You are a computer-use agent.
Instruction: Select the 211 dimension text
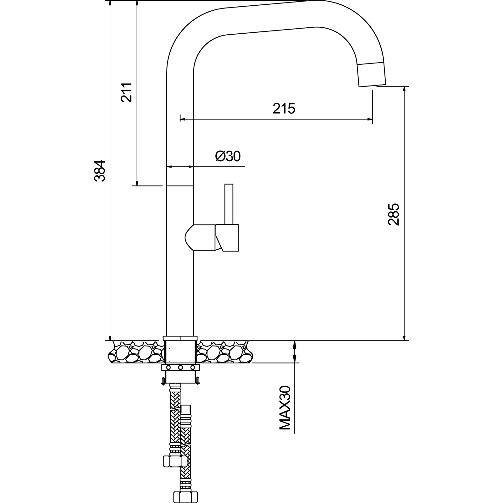pos(127,92)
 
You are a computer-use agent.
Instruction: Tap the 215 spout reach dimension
pos(284,108)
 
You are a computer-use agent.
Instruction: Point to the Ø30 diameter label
pos(228,156)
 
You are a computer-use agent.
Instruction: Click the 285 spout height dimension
pos(394,214)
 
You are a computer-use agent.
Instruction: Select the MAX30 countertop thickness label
pos(285,408)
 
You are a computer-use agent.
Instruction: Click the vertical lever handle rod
pos(229,204)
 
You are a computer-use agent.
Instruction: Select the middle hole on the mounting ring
pos(180,368)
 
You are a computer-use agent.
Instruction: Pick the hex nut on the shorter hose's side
pos(175,462)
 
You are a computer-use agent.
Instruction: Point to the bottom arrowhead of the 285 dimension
pos(404,338)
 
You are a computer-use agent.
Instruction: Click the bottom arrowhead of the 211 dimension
pos(137,183)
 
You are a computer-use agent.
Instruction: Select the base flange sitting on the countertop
pos(180,338)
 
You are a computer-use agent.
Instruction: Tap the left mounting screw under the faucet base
pos(163,381)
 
